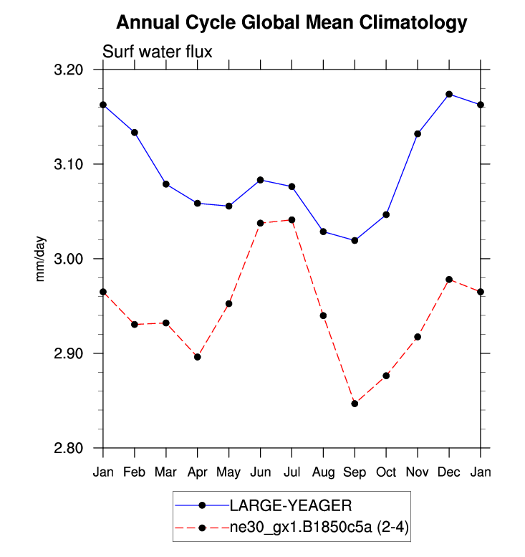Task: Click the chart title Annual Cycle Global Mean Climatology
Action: [291, 23]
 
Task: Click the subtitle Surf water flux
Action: [158, 52]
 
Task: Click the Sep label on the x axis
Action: [355, 472]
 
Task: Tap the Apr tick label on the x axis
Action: [197, 472]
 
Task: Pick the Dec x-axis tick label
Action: [449, 472]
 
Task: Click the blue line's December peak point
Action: [449, 94]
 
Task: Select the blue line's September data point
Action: [355, 240]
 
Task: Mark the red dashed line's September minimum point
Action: [355, 404]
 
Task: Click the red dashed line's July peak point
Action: [292, 219]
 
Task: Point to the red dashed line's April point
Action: [198, 357]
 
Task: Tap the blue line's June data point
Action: [260, 180]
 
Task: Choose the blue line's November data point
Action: [418, 134]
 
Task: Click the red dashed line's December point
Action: [449, 280]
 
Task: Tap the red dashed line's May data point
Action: [228, 304]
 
